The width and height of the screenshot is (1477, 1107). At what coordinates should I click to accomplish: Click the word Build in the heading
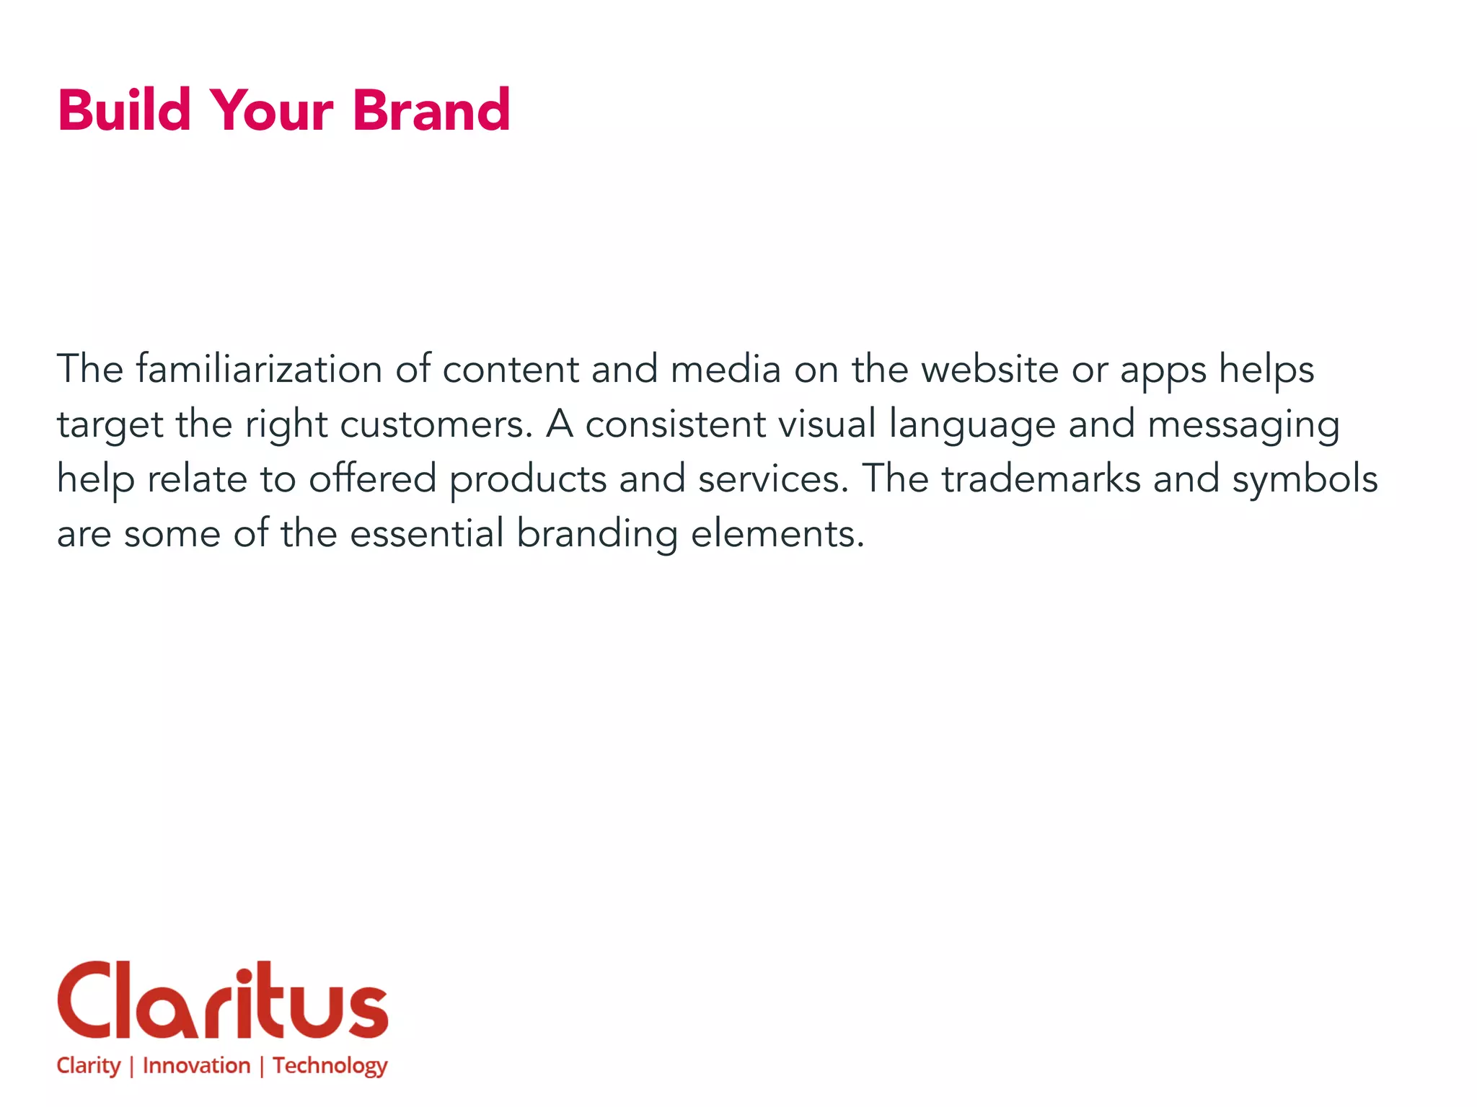tap(124, 110)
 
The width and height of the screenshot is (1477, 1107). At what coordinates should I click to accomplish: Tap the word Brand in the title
tap(431, 110)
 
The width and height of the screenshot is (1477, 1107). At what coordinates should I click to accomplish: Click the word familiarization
tap(259, 369)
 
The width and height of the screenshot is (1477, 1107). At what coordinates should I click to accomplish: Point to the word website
tap(989, 369)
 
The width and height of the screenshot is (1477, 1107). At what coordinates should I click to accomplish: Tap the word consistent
tap(675, 424)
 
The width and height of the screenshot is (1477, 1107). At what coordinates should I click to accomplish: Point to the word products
tap(528, 480)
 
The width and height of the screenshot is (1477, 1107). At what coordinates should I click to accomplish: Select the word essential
tap(427, 533)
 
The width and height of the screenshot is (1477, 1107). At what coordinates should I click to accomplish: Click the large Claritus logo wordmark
tap(223, 1000)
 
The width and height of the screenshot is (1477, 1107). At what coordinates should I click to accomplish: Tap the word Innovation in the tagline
tap(196, 1065)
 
